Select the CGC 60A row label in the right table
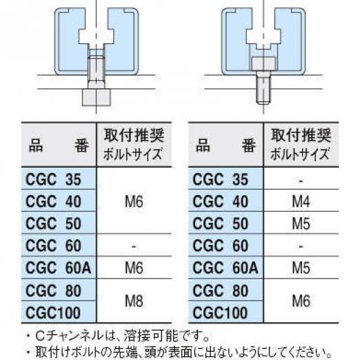click(226, 268)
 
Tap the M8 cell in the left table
click(134, 301)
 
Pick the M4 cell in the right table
click(301, 201)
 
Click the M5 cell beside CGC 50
click(301, 223)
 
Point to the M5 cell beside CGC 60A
click(301, 268)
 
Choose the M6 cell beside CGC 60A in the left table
click(134, 268)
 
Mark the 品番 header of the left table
click(59, 146)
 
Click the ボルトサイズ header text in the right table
click(299, 154)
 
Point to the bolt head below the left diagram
click(97, 97)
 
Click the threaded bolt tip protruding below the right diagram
click(263, 91)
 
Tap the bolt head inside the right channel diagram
click(263, 63)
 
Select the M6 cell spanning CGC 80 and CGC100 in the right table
click(301, 301)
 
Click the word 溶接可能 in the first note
click(151, 336)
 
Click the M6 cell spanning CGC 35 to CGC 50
click(134, 201)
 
